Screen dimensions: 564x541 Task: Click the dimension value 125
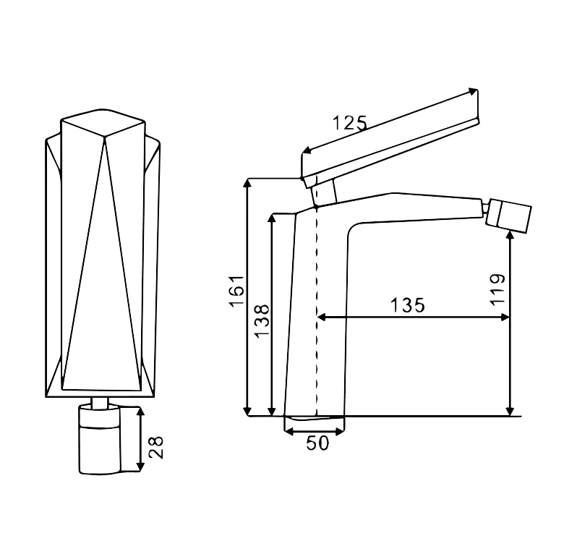(x=349, y=123)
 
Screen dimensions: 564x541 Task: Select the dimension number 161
(x=236, y=291)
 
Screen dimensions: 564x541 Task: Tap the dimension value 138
(x=262, y=321)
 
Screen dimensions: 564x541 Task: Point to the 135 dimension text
(x=408, y=305)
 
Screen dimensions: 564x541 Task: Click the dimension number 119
(x=497, y=289)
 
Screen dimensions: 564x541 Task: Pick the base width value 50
(x=317, y=443)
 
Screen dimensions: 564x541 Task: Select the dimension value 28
(x=155, y=447)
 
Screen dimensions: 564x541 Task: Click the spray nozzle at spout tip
(x=508, y=216)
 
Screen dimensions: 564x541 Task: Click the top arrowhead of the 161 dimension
(x=247, y=182)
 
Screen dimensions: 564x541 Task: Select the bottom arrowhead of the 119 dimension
(x=510, y=411)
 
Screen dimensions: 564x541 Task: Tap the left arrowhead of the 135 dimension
(x=321, y=317)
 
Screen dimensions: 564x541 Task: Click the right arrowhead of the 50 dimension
(x=340, y=430)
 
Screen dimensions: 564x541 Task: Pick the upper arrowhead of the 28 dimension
(x=140, y=411)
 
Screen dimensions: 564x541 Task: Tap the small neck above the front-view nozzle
(x=100, y=403)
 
